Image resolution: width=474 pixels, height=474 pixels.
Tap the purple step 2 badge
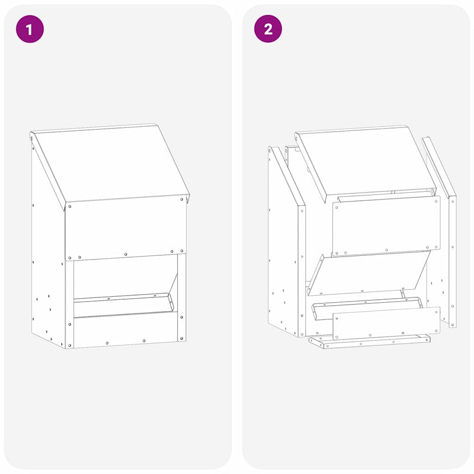coord(268,29)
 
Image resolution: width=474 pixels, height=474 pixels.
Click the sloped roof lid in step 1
coord(110,163)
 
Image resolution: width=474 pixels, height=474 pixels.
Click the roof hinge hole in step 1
coord(34,140)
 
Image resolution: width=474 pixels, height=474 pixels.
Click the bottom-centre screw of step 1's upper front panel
coord(126,254)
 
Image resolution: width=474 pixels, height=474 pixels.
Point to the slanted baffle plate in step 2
coord(367,273)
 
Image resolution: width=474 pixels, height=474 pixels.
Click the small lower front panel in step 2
coord(386,324)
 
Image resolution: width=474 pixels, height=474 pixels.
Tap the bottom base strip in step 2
coord(370,341)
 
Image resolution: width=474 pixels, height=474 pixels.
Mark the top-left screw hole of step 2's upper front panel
coord(338,206)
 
